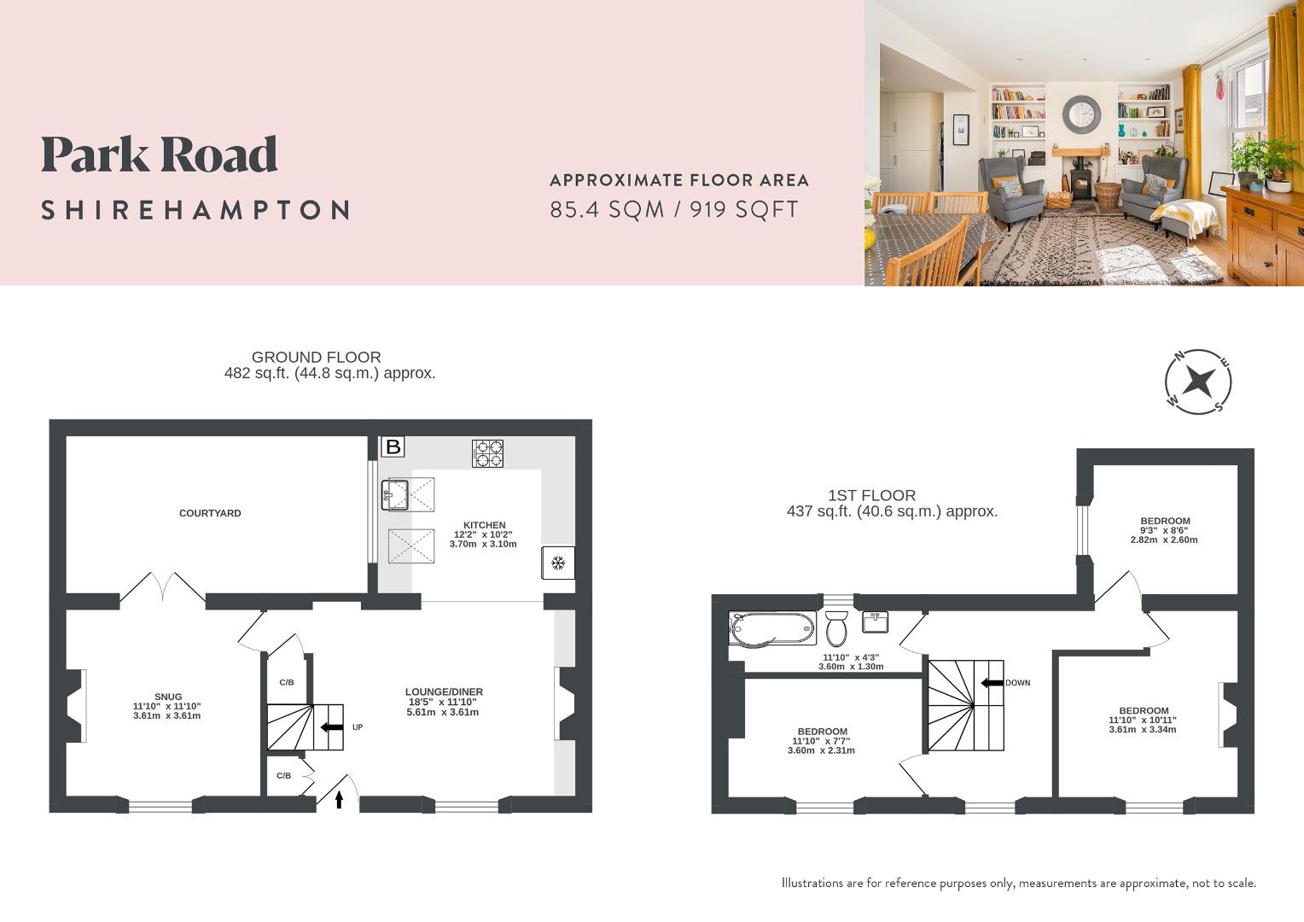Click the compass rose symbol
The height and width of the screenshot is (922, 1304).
1198,381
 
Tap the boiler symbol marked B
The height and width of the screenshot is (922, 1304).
393,446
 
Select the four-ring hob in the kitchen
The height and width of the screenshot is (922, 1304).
487,452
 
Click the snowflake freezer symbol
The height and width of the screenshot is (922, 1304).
558,563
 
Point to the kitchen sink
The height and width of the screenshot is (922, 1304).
396,493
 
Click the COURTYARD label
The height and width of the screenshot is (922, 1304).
210,513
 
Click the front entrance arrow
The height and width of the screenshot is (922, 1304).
339,799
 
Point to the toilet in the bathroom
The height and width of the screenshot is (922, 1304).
836,627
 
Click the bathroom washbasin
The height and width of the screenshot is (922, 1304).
876,621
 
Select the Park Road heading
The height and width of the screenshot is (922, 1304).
160,155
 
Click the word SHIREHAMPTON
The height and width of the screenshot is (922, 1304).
195,210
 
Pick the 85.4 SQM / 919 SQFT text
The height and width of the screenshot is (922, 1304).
674,209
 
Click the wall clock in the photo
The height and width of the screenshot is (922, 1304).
1082,114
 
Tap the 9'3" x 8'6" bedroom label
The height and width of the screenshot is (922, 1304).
1165,530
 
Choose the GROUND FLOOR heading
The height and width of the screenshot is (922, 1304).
316,357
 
